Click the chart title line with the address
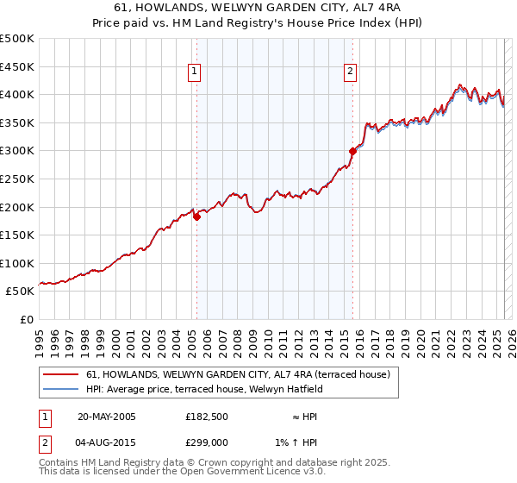[258, 8]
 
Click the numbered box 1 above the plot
[196, 72]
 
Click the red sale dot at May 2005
[196, 217]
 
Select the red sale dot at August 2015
[352, 152]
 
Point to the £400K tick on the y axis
[17, 95]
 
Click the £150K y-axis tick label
[17, 235]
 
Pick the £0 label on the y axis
[27, 319]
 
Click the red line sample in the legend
[61, 374]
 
